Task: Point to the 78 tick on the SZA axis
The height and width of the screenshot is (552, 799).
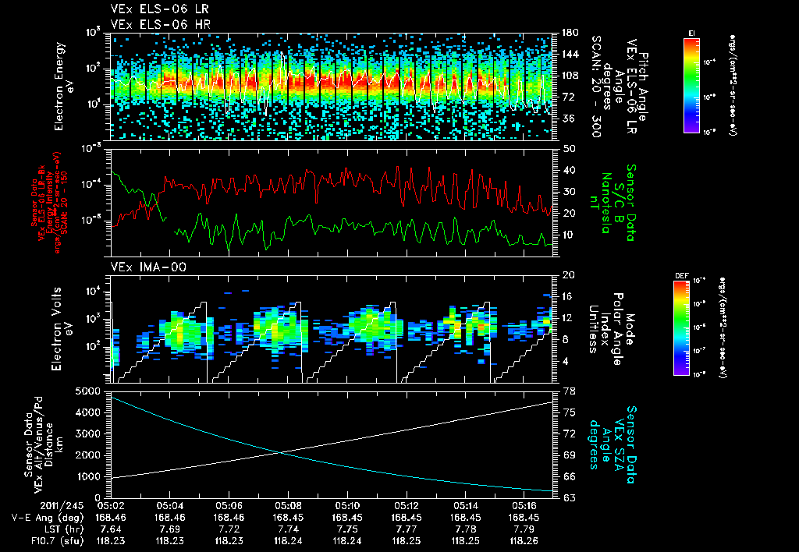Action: [567, 391]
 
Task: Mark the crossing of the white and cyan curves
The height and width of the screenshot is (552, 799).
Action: [282, 452]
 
